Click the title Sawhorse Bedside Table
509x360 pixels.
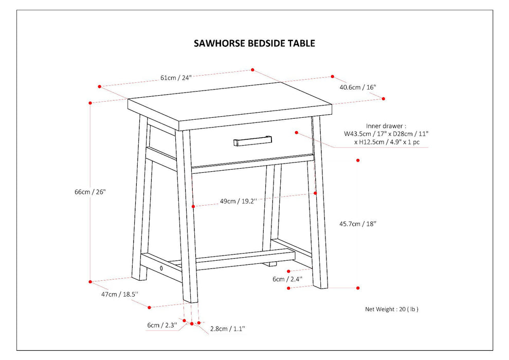click(x=254, y=44)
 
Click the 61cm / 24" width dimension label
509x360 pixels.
click(x=175, y=78)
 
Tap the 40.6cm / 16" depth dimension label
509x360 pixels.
click(x=358, y=87)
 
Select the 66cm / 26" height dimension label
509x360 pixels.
click(x=90, y=192)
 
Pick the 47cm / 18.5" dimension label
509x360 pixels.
click(x=119, y=295)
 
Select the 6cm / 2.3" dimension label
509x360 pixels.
click(x=161, y=325)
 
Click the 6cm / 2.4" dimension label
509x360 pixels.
click(x=287, y=279)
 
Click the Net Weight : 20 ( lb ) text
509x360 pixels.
click(x=392, y=309)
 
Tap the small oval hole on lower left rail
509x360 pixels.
click(x=161, y=268)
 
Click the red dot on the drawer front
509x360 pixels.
click(x=297, y=133)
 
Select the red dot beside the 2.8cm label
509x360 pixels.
click(x=198, y=324)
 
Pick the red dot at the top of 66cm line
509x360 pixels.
click(x=90, y=103)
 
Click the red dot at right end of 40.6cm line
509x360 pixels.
click(x=383, y=99)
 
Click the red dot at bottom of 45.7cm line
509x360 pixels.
click(x=358, y=288)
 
